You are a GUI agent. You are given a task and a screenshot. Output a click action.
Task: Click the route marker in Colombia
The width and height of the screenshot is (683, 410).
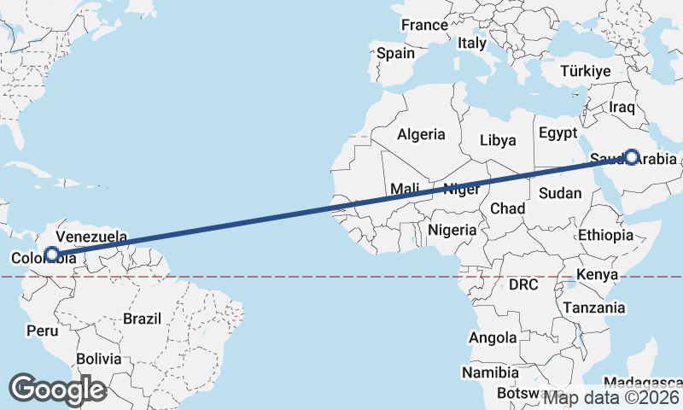[52, 254]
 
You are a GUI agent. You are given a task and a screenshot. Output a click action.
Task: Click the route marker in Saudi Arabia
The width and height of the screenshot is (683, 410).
[631, 156]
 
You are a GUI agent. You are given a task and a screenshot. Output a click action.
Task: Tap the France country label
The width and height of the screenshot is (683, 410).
[424, 25]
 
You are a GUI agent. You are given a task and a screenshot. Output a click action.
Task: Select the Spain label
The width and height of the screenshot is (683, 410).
[395, 53]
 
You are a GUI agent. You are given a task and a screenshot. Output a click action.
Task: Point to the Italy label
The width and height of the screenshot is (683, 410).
[472, 43]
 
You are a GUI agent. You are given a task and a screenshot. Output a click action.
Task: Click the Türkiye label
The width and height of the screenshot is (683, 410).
[585, 71]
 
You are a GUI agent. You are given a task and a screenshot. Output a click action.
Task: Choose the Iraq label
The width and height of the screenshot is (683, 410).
[622, 108]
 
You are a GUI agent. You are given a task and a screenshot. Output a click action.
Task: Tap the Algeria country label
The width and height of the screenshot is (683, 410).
[421, 134]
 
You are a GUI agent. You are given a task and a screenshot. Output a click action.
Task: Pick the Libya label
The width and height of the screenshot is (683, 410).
[498, 140]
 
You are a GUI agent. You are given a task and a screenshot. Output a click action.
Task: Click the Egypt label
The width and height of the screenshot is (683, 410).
[558, 133]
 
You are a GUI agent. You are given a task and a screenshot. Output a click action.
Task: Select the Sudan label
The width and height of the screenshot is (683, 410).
[560, 192]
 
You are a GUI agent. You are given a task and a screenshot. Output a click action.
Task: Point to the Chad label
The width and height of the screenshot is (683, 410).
[507, 208]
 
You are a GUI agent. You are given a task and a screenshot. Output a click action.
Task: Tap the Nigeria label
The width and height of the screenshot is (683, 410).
[452, 230]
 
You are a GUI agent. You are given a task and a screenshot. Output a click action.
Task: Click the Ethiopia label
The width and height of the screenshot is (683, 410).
[605, 235]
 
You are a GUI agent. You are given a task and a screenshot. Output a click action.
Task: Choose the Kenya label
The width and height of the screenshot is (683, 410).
[598, 274]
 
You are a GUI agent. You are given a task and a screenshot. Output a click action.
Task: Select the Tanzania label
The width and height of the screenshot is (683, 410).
[593, 307]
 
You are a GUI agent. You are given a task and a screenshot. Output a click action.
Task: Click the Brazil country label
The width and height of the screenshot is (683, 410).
[142, 319]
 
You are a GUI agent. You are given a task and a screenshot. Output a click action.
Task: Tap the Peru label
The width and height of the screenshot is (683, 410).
[43, 330]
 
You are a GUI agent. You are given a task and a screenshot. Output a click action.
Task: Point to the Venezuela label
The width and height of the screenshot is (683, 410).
[91, 236]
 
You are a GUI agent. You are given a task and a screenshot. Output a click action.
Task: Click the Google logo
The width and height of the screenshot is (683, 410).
[57, 389]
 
